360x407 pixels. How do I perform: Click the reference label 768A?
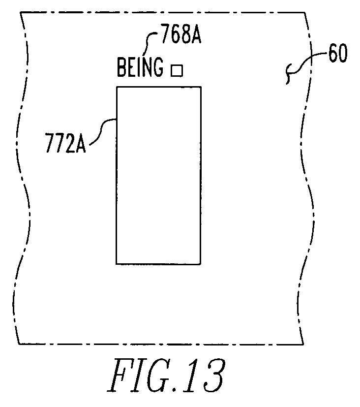181,34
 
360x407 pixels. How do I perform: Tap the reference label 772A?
65,143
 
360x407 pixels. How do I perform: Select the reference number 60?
338,53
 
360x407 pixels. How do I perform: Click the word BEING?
140,67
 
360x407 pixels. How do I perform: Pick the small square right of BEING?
177,70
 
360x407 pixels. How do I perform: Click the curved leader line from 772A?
102,131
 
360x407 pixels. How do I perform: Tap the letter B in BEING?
122,67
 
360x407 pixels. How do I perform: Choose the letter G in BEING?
158,67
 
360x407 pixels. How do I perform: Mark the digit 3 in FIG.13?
212,376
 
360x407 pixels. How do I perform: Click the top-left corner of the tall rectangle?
117,87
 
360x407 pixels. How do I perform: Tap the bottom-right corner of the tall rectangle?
201,264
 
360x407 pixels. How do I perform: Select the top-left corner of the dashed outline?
21,12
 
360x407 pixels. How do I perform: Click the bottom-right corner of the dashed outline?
303,344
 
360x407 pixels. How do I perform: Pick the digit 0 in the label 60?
343,53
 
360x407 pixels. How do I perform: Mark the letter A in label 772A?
81,143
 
